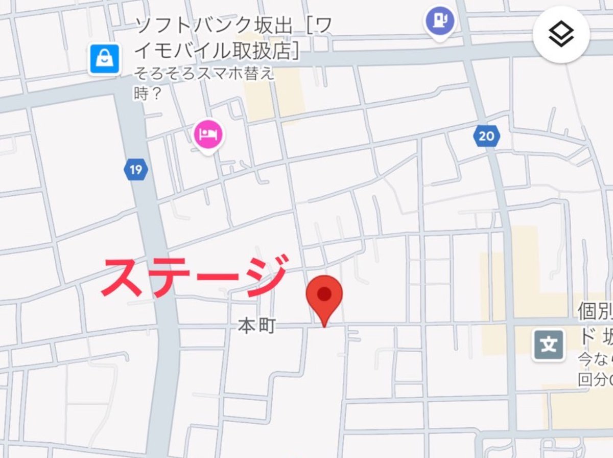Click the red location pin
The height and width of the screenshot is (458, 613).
click(324, 297)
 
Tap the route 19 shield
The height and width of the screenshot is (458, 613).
click(135, 169)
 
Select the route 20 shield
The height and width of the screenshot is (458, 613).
click(486, 136)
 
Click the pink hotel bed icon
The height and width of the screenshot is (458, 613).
click(209, 134)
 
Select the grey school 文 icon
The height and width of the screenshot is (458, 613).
click(549, 345)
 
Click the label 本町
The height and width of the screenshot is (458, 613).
click(257, 326)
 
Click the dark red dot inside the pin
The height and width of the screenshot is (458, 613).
click(324, 293)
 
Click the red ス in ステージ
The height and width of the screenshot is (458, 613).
click(123, 278)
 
